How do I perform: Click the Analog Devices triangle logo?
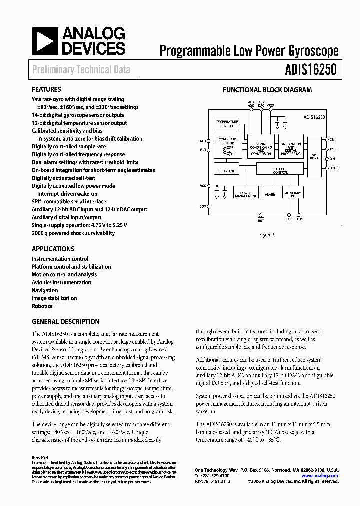pos(44,41)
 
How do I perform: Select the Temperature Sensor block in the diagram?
pos(227,123)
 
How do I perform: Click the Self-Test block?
pos(227,171)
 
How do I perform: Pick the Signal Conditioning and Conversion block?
pos(261,149)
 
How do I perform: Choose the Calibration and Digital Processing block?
pos(290,149)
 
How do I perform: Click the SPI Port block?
pos(314,156)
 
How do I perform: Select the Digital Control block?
pos(280,171)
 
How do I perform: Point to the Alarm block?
pos(270,194)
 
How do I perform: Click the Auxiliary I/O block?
pos(292,194)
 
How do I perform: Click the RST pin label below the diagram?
pos(260,218)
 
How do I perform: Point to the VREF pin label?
pos(270,106)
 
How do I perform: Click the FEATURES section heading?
pos(46,90)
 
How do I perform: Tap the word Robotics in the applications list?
pos(42,306)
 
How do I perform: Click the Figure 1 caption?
pos(267,235)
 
